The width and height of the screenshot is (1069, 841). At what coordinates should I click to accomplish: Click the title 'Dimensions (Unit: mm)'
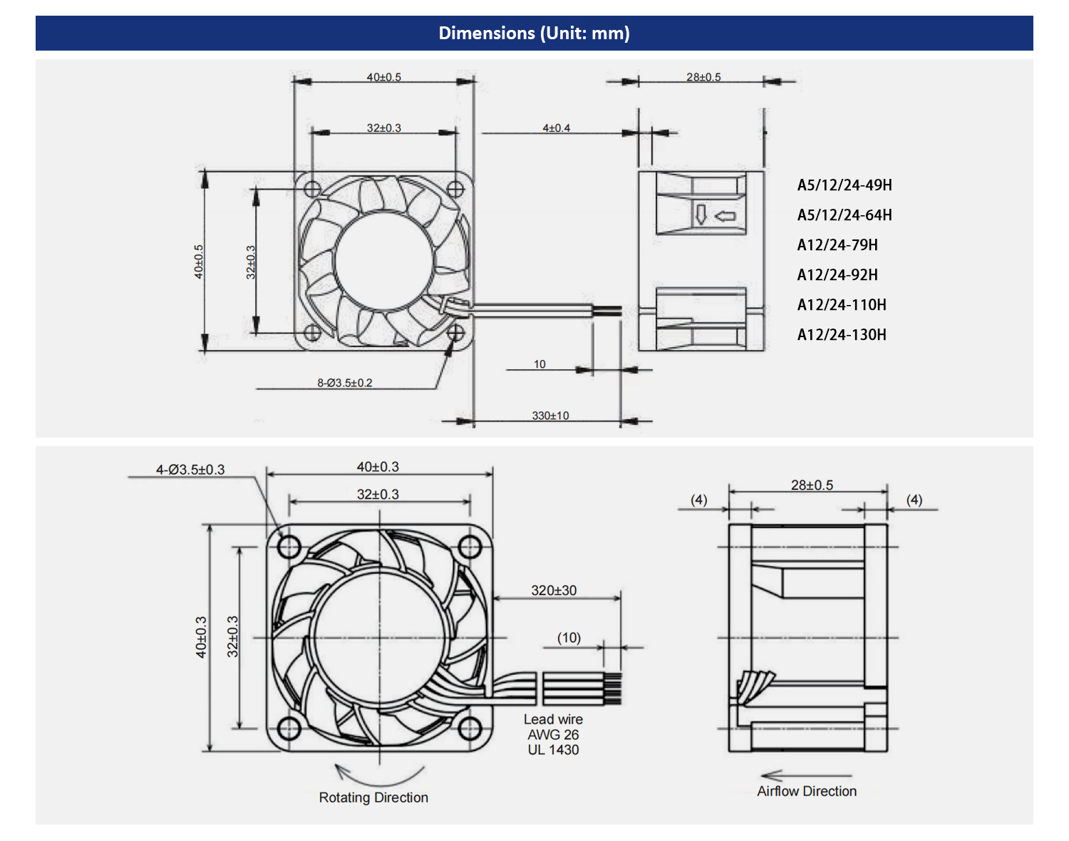point(534,33)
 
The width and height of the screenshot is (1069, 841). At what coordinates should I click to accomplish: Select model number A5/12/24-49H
point(845,185)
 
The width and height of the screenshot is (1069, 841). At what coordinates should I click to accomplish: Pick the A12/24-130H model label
point(842,335)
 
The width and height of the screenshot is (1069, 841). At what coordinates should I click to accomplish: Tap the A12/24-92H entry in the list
point(837,275)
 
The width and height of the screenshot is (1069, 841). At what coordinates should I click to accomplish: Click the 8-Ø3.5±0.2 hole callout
point(345,383)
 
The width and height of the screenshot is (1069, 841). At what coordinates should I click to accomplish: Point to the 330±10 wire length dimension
point(550,416)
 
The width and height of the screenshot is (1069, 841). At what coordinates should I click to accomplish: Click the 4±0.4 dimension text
point(556,128)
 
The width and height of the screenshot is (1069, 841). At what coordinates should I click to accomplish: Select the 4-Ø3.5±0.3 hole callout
point(190,470)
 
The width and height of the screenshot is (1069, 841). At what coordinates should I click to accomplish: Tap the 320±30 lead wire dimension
point(554,590)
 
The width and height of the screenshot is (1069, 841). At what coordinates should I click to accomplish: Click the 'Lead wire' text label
point(553,719)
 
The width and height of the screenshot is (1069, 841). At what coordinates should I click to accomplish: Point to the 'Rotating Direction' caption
point(373,798)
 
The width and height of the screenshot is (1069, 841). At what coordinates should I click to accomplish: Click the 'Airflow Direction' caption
point(807,791)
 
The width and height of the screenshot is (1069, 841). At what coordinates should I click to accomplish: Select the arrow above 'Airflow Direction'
point(805,775)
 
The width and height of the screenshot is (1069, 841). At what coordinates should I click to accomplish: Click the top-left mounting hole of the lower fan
point(289,547)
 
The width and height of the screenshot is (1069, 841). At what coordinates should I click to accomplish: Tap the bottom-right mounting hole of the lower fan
point(469,728)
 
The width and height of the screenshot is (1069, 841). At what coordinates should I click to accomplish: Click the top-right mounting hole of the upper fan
point(455,189)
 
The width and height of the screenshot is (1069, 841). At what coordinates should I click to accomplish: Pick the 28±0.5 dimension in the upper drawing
point(703,77)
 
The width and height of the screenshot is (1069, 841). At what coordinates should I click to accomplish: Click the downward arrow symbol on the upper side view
point(701,215)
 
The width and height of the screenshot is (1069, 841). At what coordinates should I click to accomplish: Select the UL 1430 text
point(553,750)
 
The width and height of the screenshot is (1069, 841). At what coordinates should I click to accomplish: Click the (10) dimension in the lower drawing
point(569,638)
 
